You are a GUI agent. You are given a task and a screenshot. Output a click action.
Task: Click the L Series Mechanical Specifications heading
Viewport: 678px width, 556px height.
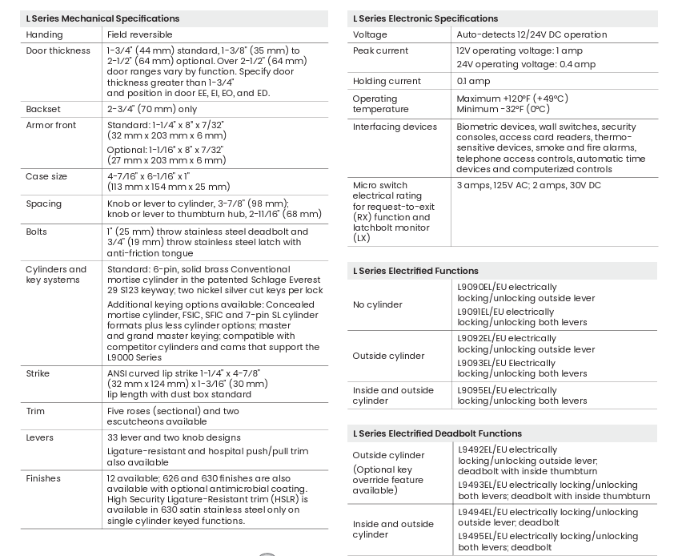pyautogui.click(x=102, y=18)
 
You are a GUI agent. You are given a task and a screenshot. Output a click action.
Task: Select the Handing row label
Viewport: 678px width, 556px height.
pyautogui.click(x=44, y=35)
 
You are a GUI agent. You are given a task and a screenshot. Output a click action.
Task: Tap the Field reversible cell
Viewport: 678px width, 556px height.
pyautogui.click(x=139, y=35)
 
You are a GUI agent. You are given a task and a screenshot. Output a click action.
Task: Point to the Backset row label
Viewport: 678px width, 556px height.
pyautogui.click(x=43, y=110)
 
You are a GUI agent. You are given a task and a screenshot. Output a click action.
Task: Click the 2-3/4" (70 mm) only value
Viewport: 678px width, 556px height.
pyautogui.click(x=152, y=110)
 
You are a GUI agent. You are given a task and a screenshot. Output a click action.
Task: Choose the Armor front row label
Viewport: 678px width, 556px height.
pyautogui.click(x=51, y=126)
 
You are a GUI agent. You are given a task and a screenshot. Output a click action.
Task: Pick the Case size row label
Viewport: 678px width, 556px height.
pyautogui.click(x=46, y=176)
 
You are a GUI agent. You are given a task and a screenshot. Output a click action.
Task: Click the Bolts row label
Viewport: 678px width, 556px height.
pyautogui.click(x=37, y=232)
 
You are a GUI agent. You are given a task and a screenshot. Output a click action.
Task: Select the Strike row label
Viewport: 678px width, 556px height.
pyautogui.click(x=38, y=373)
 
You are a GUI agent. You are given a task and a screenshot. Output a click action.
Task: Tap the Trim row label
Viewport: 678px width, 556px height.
pyautogui.click(x=35, y=411)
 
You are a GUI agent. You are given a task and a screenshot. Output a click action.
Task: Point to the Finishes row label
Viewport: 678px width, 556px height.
pyautogui.click(x=43, y=478)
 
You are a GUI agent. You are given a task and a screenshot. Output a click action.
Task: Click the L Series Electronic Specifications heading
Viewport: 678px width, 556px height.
pyautogui.click(x=425, y=18)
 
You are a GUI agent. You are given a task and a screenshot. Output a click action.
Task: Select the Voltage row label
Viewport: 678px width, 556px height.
pyautogui.click(x=370, y=35)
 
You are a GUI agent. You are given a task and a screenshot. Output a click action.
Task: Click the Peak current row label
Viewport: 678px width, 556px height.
pyautogui.click(x=380, y=50)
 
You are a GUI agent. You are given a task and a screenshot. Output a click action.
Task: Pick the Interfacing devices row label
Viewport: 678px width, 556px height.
pyautogui.click(x=395, y=127)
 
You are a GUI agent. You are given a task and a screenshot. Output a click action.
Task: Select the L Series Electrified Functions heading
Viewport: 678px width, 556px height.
pyautogui.click(x=415, y=271)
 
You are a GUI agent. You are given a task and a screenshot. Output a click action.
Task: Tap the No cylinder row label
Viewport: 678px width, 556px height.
pyautogui.click(x=378, y=304)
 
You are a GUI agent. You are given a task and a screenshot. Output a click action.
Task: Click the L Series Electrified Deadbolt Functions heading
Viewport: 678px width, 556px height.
pyautogui.click(x=437, y=433)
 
